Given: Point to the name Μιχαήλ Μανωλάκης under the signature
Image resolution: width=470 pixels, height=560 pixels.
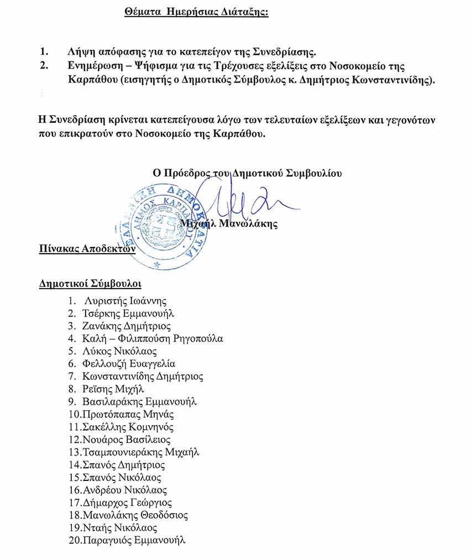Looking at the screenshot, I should click(233, 224).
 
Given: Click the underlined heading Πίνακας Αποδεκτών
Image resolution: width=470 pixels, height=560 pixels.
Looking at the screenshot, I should click(87, 248).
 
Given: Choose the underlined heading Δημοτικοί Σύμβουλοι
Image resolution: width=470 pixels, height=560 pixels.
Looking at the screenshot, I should click(90, 284).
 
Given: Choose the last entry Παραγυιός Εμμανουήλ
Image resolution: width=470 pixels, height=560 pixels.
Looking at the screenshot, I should click(133, 540).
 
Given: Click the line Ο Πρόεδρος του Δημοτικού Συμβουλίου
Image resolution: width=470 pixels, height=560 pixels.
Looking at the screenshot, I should click(247, 172).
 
